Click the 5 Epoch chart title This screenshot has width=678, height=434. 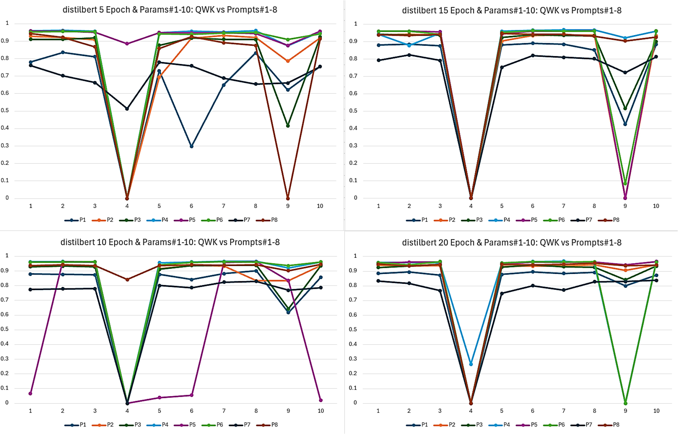[x=169, y=10]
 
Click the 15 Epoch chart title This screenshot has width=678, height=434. [x=512, y=10]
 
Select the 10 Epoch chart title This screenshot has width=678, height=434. [x=170, y=242]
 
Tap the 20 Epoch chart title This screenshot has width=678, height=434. [x=512, y=242]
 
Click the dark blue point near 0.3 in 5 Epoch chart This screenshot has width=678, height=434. [x=192, y=146]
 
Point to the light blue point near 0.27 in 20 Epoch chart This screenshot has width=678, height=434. [x=471, y=364]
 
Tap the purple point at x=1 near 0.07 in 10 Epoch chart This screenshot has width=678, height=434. [x=31, y=393]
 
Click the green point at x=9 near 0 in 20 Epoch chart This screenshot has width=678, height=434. [x=625, y=403]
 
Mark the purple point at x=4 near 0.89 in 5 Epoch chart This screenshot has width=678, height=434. [x=127, y=44]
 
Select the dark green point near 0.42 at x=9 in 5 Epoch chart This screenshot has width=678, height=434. [x=288, y=126]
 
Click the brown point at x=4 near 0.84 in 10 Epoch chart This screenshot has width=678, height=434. [x=127, y=279]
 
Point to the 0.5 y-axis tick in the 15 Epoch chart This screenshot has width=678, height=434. [x=353, y=111]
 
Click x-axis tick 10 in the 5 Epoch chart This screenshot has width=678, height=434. [x=320, y=206]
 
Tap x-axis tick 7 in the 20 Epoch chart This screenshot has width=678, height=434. [x=564, y=411]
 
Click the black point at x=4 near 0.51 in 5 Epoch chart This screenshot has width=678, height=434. [x=127, y=109]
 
